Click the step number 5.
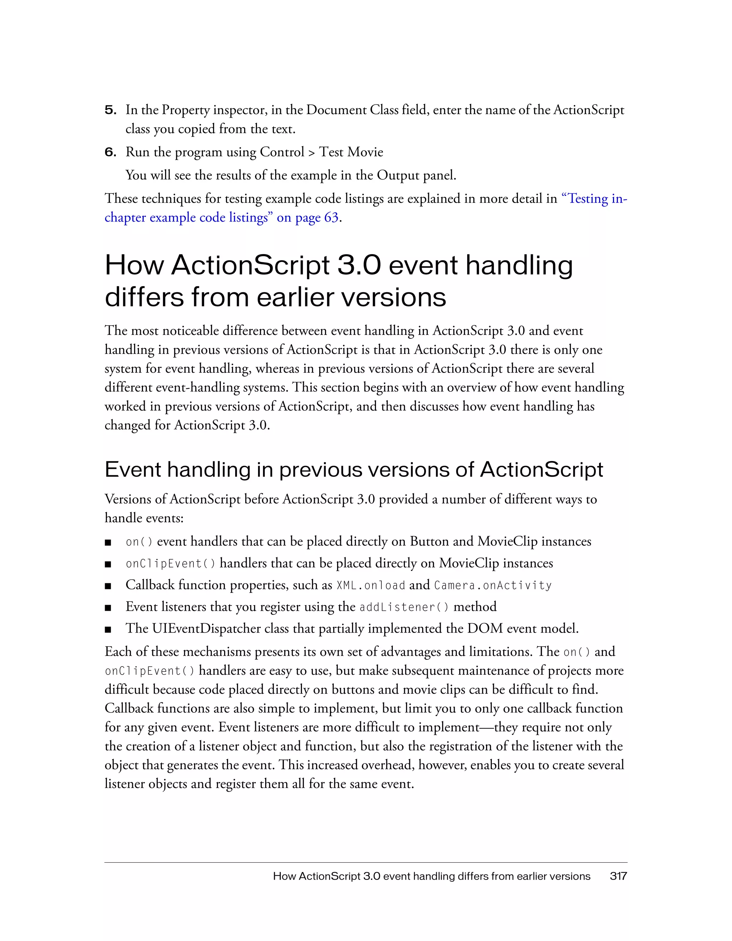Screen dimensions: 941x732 pyautogui.click(x=110, y=110)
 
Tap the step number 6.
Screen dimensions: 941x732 pyautogui.click(x=110, y=153)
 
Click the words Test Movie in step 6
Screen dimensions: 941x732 pyautogui.click(x=351, y=152)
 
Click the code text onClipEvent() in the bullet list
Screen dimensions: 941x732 pyautogui.click(x=170, y=564)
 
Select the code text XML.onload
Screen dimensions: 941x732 pyautogui.click(x=371, y=585)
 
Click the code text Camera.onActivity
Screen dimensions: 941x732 pyautogui.click(x=493, y=585)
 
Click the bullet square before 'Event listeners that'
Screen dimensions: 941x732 pyautogui.click(x=108, y=608)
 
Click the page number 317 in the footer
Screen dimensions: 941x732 pyautogui.click(x=618, y=876)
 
